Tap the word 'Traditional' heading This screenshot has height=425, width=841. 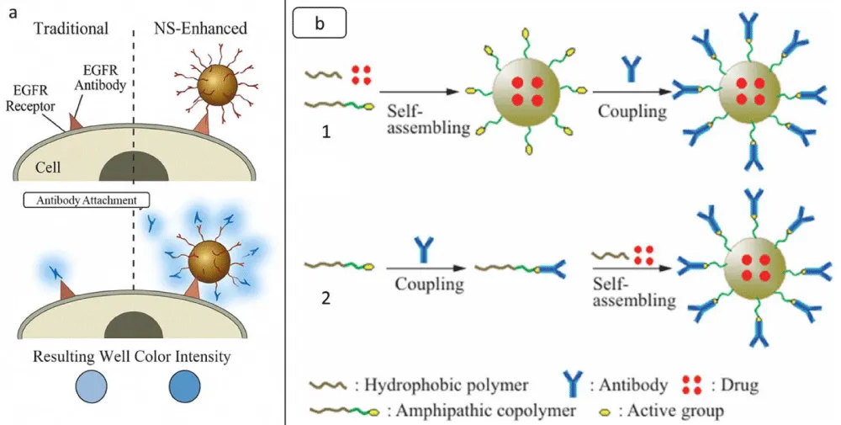[71, 29]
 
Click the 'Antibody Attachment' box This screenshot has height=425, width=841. [87, 200]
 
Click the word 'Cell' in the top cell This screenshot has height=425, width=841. [47, 167]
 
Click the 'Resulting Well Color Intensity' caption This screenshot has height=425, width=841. [135, 357]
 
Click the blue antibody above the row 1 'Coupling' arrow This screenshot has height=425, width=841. [627, 70]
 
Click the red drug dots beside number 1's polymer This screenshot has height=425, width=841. [361, 74]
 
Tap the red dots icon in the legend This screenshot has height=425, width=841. [692, 385]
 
